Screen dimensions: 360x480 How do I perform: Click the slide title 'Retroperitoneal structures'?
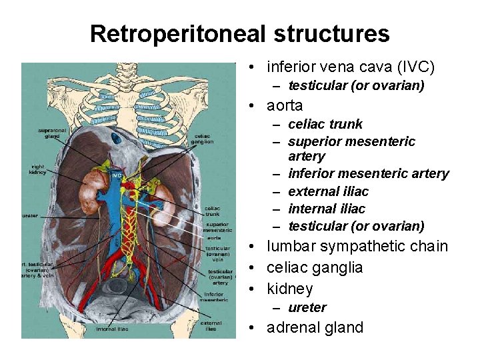(239, 33)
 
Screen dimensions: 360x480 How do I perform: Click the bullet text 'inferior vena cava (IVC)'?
(350, 67)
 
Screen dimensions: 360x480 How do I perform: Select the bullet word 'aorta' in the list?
(285, 105)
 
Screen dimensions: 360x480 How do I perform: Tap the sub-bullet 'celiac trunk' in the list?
(325, 124)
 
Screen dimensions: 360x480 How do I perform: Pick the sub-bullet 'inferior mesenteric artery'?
(369, 173)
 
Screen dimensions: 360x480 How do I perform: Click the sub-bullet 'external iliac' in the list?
(328, 191)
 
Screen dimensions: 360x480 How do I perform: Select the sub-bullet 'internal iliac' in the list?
(327, 209)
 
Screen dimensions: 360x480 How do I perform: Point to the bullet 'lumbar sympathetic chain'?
(357, 246)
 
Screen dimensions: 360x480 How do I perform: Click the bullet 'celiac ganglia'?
(315, 267)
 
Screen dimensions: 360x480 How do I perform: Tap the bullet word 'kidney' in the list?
(289, 289)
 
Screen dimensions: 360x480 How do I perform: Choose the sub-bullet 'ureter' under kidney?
(307, 307)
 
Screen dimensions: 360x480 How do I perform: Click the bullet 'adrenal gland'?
(315, 327)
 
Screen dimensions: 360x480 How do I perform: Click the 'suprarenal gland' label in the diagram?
(49, 133)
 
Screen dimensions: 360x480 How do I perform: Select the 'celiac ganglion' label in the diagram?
(202, 138)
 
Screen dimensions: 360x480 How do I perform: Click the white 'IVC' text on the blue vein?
(117, 175)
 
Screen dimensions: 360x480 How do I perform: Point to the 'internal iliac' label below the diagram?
(112, 329)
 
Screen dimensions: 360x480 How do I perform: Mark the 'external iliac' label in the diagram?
(211, 325)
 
